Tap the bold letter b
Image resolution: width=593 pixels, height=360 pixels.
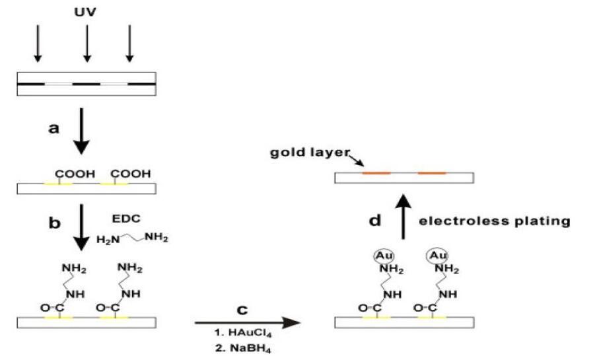click(x=54, y=222)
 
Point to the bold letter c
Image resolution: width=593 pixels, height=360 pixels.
click(x=242, y=308)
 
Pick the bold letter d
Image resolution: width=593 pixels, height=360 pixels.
click(x=375, y=220)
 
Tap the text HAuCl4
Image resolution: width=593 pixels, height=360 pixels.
click(x=242, y=336)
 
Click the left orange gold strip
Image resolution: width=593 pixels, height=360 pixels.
click(x=376, y=173)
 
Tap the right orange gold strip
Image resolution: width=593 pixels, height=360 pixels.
click(x=433, y=173)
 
